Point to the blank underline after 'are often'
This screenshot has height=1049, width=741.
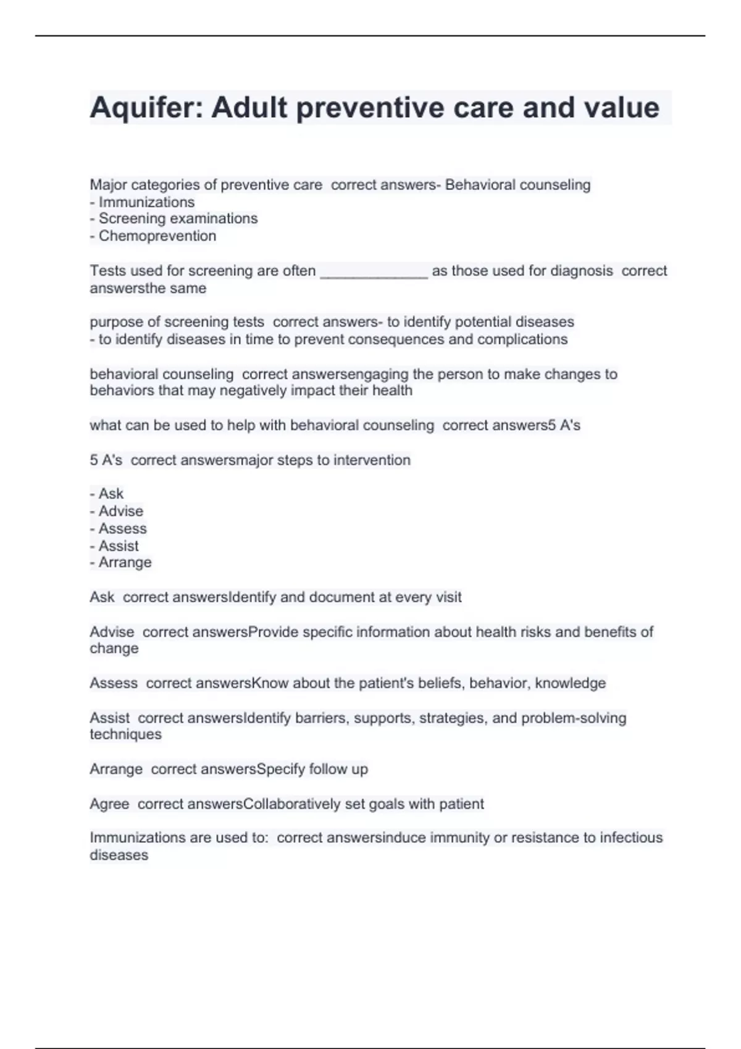pyautogui.click(x=374, y=272)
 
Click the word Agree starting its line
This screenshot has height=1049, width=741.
pyautogui.click(x=109, y=804)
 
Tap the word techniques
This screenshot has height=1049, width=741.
pyautogui.click(x=125, y=734)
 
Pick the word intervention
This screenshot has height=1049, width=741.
pyautogui.click(x=372, y=460)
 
